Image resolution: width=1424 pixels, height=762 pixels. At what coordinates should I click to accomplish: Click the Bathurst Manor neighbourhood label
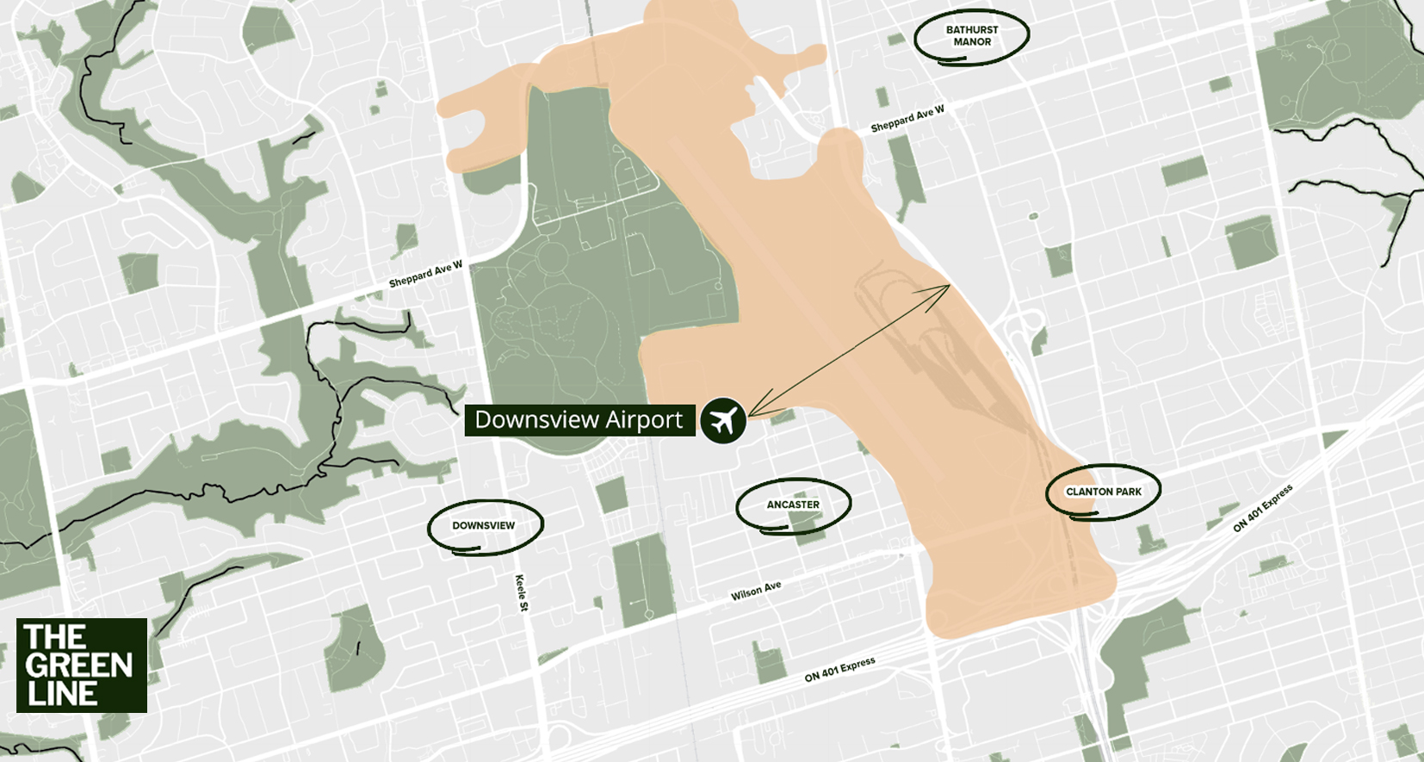click(x=971, y=36)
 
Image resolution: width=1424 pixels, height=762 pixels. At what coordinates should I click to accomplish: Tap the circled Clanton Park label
click(x=1103, y=492)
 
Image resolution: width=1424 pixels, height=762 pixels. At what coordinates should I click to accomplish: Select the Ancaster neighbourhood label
click(x=793, y=505)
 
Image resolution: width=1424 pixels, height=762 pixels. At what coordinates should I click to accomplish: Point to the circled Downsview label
click(x=484, y=525)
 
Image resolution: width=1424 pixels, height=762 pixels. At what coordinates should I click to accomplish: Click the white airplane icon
click(x=722, y=420)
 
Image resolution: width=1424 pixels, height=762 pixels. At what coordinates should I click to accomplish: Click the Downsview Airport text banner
click(x=579, y=420)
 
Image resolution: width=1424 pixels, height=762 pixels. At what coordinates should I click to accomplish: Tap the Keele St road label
click(x=521, y=592)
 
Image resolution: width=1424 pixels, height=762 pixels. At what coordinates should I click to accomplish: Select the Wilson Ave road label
click(x=756, y=591)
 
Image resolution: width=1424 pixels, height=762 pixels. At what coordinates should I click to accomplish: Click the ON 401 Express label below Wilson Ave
click(x=839, y=669)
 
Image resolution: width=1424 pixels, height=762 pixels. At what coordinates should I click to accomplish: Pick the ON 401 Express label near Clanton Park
click(x=1262, y=509)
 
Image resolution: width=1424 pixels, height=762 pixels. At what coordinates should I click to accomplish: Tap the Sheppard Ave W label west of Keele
click(x=425, y=275)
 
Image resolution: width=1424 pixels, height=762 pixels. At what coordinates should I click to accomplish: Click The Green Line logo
click(x=82, y=665)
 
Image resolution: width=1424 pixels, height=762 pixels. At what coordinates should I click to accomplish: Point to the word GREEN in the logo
click(x=78, y=666)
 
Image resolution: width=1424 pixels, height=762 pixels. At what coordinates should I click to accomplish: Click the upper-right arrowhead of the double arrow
click(x=946, y=288)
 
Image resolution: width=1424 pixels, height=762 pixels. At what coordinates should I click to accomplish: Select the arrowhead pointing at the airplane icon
click(x=751, y=414)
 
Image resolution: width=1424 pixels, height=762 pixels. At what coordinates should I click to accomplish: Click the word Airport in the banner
click(x=643, y=420)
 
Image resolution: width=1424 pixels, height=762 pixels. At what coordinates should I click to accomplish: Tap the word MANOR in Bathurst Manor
click(x=972, y=42)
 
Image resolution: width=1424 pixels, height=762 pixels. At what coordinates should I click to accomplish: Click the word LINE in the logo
click(x=61, y=694)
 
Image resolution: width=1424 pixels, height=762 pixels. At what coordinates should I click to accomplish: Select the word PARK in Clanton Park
click(x=1128, y=492)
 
